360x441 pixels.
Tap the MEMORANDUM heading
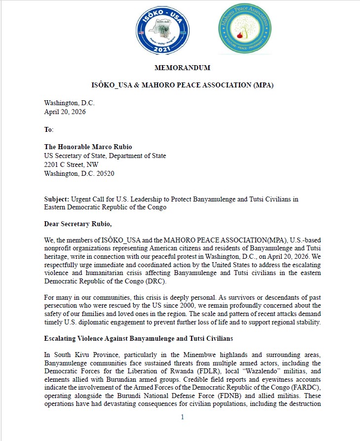pyautogui.click(x=182, y=68)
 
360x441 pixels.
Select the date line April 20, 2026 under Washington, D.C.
pyautogui.click(x=65, y=112)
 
